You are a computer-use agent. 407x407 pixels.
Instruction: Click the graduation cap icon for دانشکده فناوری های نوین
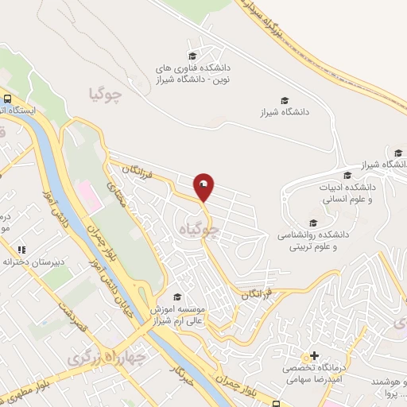[192, 56]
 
